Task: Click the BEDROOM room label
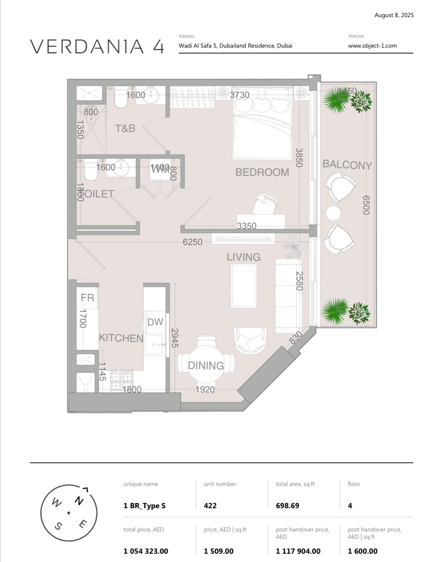click(x=262, y=172)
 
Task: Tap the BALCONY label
click(x=347, y=164)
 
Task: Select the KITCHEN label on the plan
click(x=121, y=338)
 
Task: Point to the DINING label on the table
click(x=206, y=365)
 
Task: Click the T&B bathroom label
click(x=125, y=129)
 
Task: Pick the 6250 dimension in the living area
click(x=192, y=242)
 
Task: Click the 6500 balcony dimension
click(x=366, y=205)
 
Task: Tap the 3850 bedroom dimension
click(x=299, y=157)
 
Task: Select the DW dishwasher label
click(x=155, y=322)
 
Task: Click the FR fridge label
click(x=87, y=298)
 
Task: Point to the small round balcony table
click(x=333, y=213)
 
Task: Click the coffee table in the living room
click(x=244, y=286)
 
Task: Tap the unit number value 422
click(x=210, y=506)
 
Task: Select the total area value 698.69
click(x=287, y=506)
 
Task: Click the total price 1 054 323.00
click(x=146, y=551)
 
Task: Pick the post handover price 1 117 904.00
click(x=298, y=551)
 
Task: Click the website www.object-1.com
click(x=372, y=46)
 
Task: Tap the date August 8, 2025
click(x=394, y=15)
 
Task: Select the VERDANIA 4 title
click(x=97, y=47)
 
